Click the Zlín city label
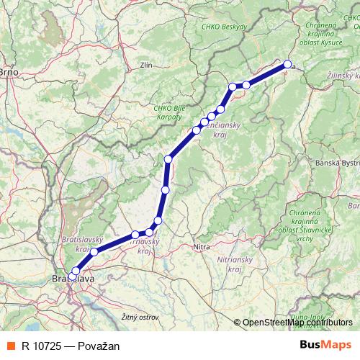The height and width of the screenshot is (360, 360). (x=148, y=65)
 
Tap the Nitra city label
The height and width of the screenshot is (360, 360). (x=202, y=247)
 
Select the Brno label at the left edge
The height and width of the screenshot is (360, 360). (x=8, y=72)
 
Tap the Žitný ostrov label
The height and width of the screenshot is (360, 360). (x=140, y=317)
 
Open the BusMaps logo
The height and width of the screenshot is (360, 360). (x=325, y=345)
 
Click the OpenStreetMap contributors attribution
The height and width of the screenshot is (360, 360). (x=297, y=323)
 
